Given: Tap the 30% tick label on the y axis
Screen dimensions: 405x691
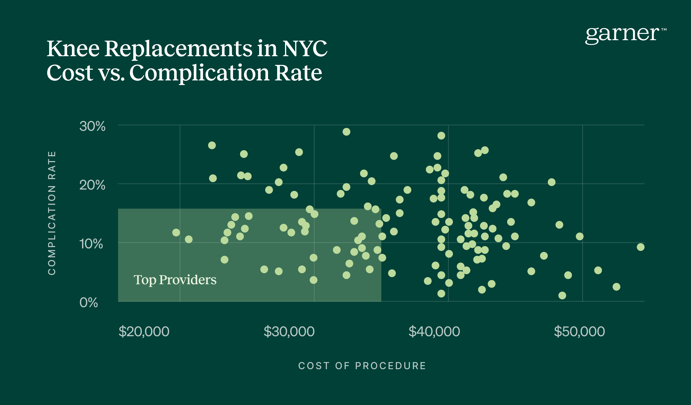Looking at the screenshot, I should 92,126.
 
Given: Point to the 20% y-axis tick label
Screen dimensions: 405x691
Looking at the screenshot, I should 92,185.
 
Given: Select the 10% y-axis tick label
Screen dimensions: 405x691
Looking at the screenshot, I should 91,244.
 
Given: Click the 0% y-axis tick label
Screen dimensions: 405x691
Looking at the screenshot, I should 89,303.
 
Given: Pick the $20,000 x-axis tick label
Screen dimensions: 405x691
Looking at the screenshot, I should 144,331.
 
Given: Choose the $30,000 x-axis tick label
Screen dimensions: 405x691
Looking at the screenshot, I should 289,331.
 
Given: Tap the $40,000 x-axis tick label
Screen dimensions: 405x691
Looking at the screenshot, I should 434,331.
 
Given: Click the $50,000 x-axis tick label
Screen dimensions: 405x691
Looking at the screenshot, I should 579,331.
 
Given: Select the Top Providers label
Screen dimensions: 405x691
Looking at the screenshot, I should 175,280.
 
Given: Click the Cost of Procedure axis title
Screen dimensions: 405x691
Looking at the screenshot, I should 362,366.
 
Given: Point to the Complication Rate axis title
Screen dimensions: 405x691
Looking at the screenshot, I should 52,213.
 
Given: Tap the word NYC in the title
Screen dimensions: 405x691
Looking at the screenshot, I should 305,49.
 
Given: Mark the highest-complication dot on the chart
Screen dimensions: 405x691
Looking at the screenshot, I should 346,132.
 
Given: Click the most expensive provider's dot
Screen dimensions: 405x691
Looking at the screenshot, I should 640,247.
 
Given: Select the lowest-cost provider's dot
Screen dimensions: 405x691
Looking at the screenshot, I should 176,233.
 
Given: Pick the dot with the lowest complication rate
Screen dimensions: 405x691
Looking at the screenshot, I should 562,296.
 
